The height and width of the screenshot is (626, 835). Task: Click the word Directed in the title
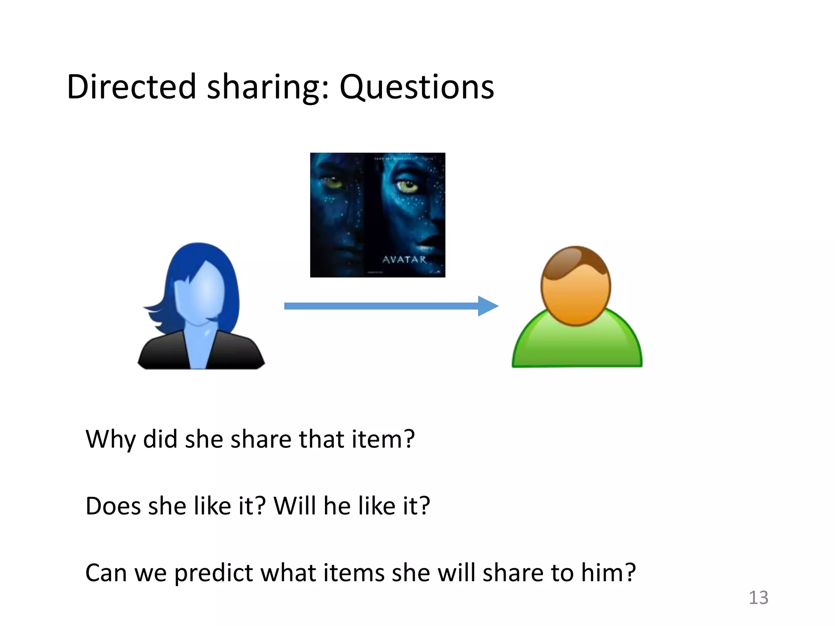click(131, 87)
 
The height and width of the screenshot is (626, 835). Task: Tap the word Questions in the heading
click(416, 87)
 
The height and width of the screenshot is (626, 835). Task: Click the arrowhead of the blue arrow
click(487, 306)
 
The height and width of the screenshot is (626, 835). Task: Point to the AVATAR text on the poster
click(404, 260)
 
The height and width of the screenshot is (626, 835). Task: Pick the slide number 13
click(758, 597)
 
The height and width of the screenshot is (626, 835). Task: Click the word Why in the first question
click(110, 439)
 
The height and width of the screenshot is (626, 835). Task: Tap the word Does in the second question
click(113, 506)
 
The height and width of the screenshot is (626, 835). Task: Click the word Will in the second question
click(294, 506)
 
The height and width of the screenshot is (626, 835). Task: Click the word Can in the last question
click(106, 573)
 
